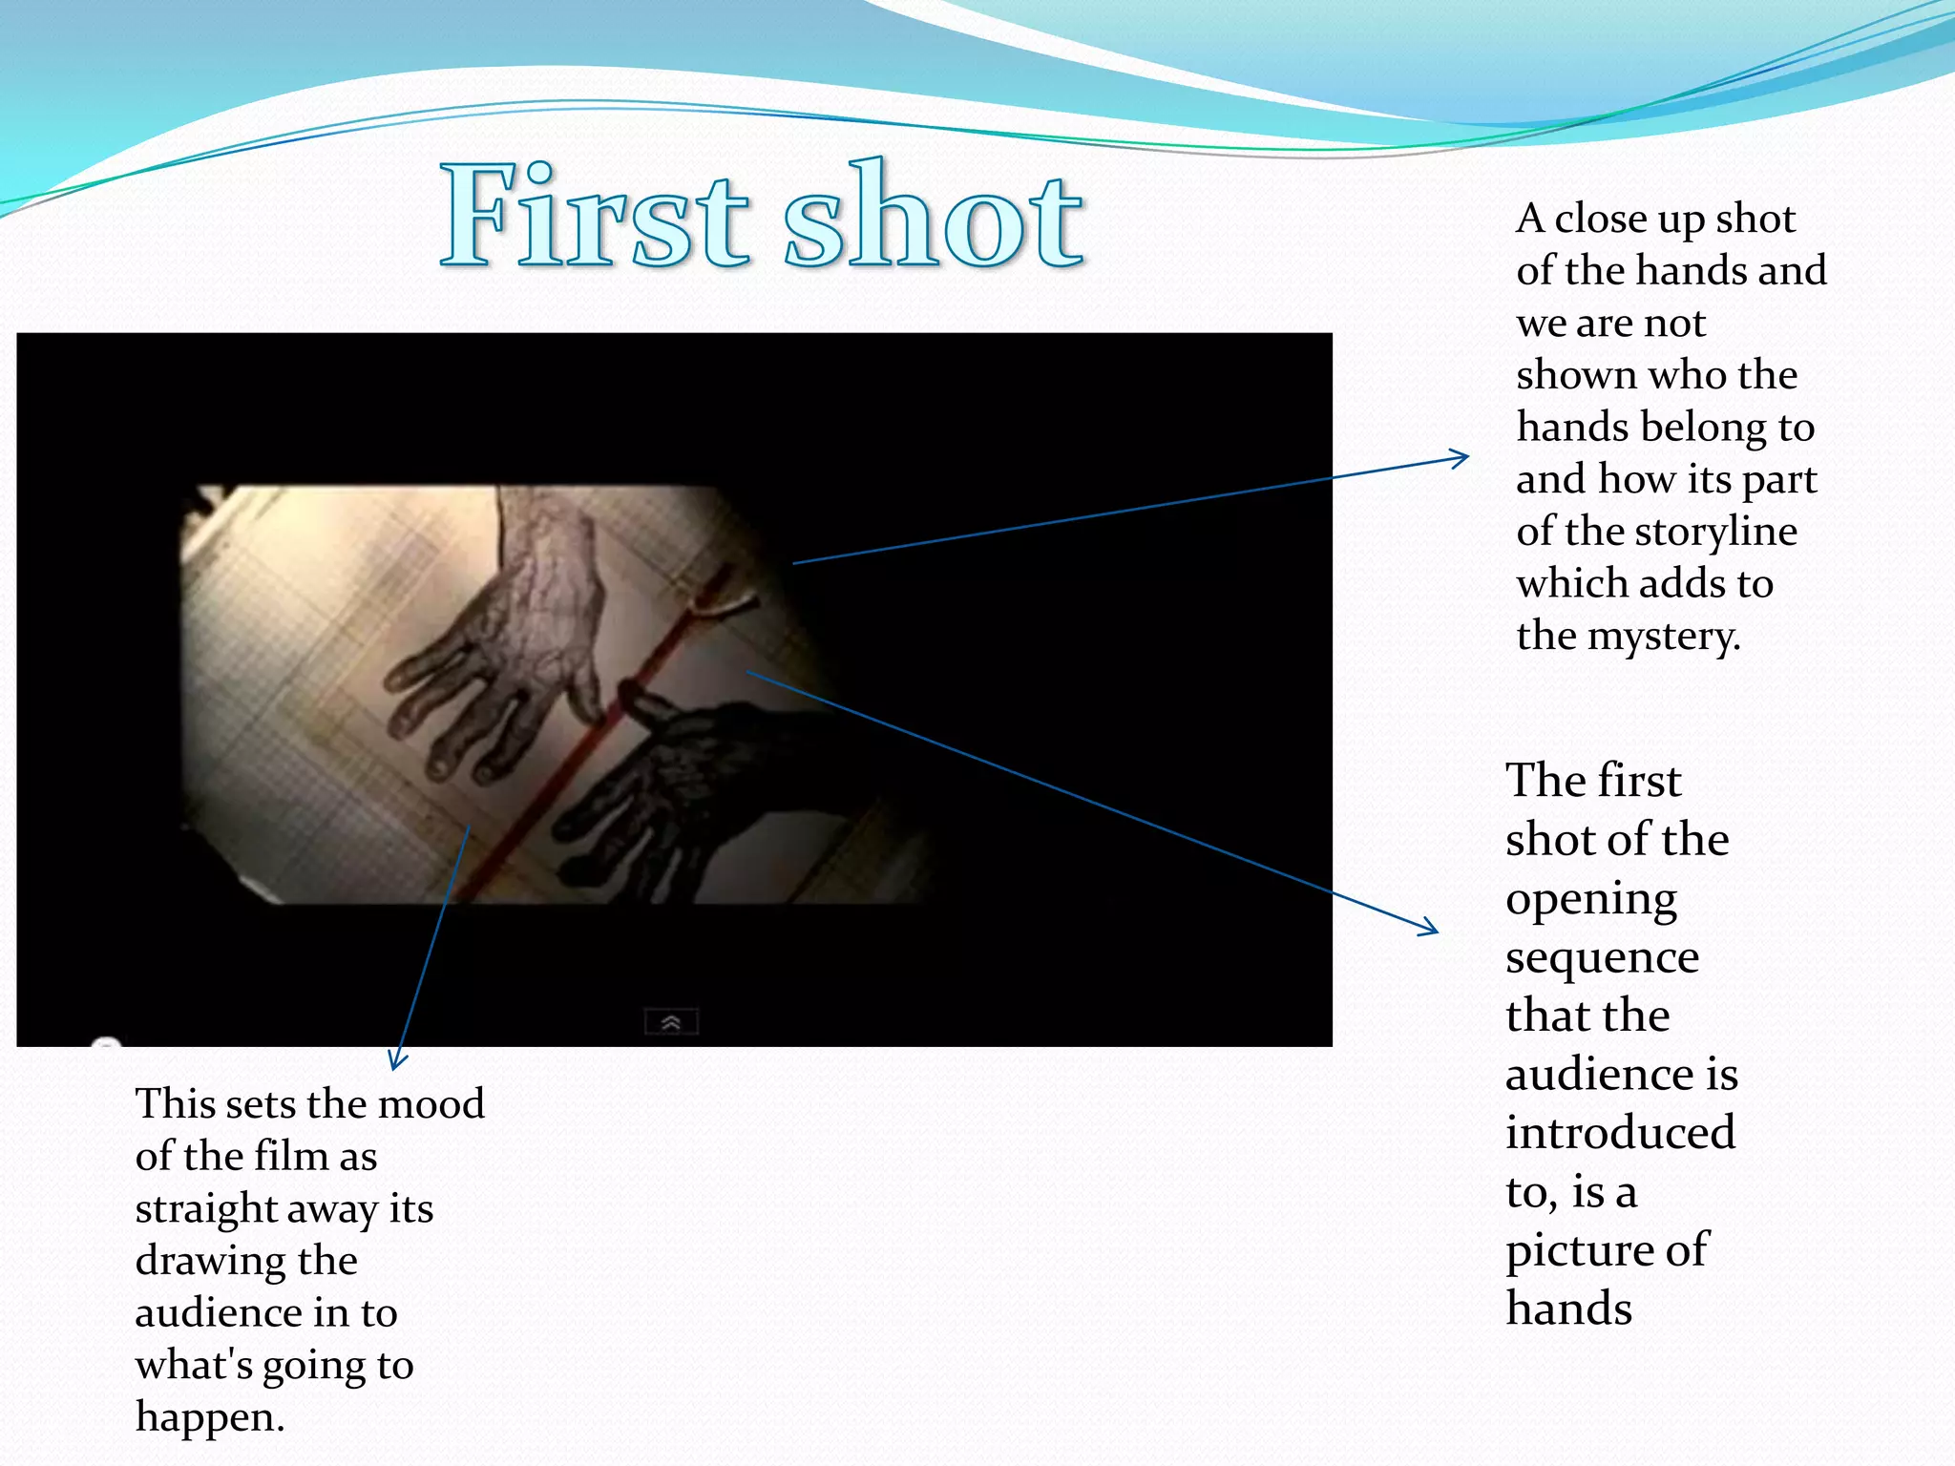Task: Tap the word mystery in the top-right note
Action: click(1663, 637)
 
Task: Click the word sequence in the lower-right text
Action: click(1602, 957)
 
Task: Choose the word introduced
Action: click(1620, 1134)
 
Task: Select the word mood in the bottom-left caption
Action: click(431, 1104)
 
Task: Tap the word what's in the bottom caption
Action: click(193, 1366)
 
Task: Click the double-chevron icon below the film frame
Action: click(671, 1022)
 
